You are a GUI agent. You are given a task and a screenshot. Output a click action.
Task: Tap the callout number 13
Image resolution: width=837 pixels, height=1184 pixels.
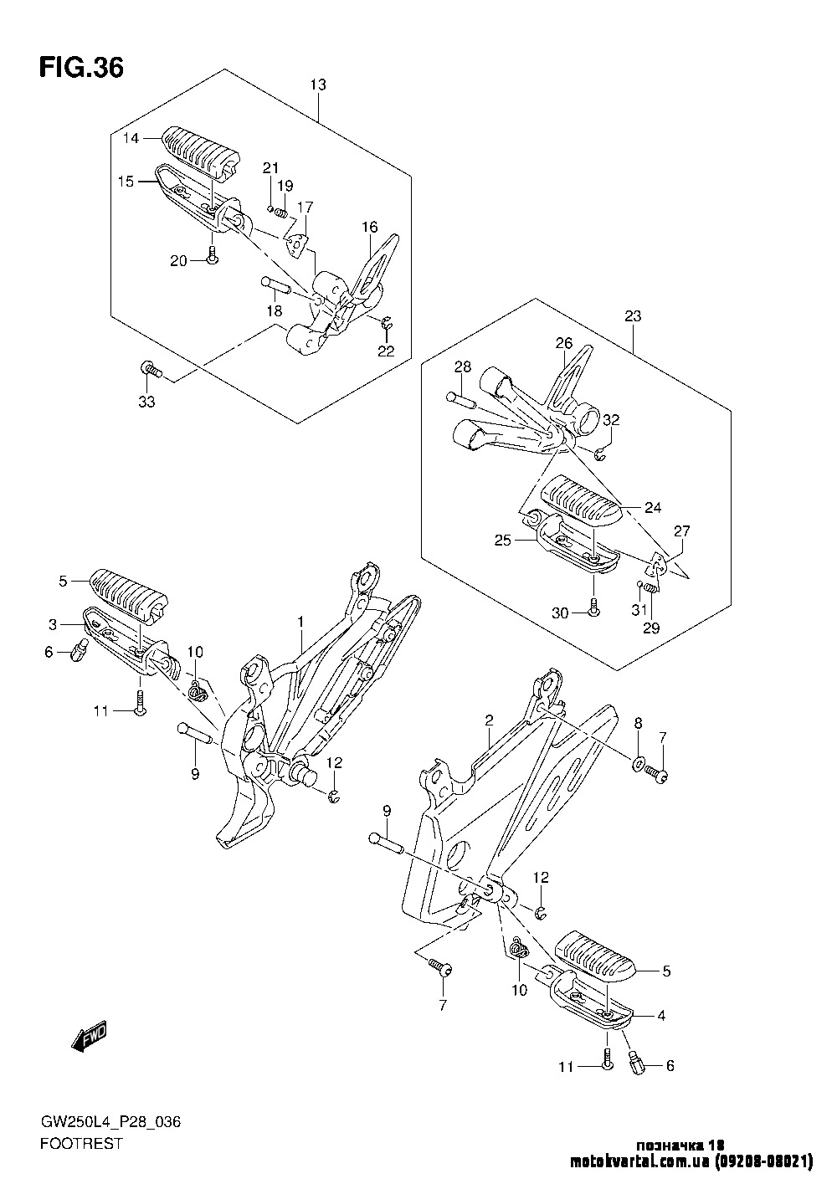[317, 85]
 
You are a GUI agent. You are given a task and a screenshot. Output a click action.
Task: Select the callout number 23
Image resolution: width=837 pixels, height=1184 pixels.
[632, 316]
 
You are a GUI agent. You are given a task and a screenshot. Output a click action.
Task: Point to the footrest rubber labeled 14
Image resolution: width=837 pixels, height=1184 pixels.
[202, 152]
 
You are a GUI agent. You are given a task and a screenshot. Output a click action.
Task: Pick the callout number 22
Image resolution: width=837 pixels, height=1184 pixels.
[385, 351]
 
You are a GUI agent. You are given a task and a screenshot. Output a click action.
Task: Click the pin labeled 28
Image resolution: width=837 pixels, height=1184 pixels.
[462, 399]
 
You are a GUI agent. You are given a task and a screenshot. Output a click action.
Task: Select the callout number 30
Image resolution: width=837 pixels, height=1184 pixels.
[560, 613]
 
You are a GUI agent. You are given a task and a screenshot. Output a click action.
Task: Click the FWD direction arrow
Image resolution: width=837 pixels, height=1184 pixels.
[90, 1037]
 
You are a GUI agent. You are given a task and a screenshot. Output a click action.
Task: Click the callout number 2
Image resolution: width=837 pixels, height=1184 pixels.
[489, 720]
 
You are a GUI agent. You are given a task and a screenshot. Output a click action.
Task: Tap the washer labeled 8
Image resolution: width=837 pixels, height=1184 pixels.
[637, 763]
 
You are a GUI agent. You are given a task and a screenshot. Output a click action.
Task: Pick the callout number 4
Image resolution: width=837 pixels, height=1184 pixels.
[660, 1016]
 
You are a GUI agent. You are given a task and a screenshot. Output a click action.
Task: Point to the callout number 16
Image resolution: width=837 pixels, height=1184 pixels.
[370, 227]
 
